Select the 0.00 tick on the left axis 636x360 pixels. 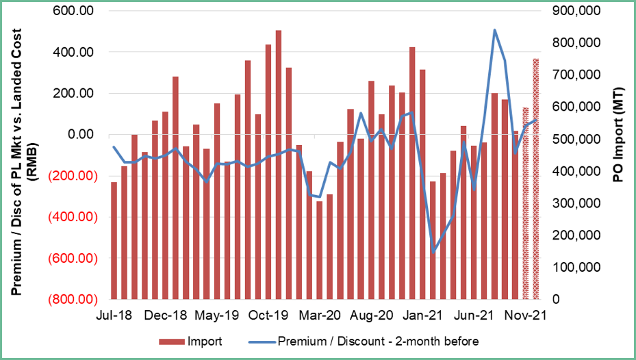[77, 135]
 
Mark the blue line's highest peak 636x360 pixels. [494, 30]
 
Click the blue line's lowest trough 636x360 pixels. [433, 251]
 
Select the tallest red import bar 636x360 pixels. [278, 164]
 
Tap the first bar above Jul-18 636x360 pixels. [114, 240]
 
